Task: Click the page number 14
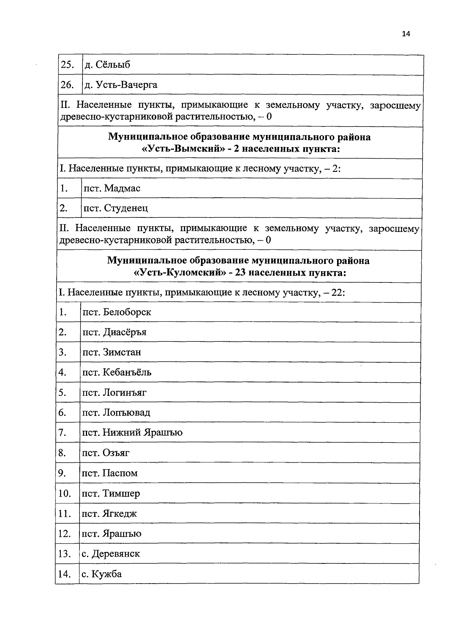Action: click(406, 34)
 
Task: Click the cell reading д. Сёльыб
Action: click(107, 65)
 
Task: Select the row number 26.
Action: click(67, 85)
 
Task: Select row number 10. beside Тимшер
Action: click(65, 493)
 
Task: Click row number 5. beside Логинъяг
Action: click(63, 392)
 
